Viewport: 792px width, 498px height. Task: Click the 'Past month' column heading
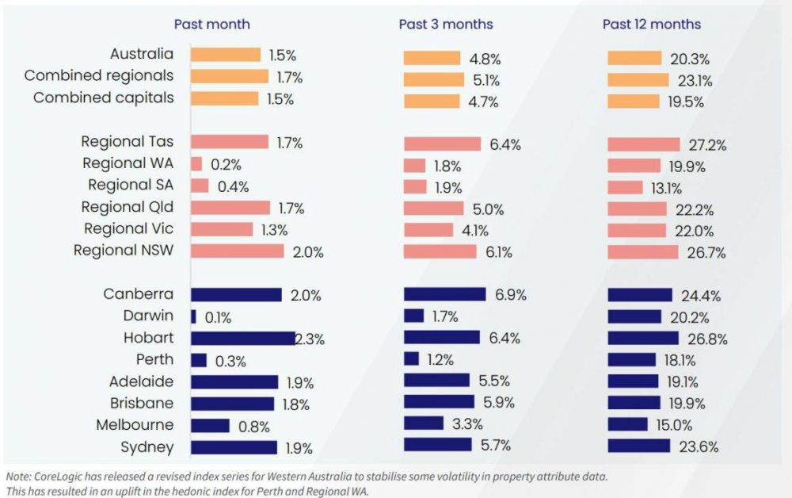[211, 24]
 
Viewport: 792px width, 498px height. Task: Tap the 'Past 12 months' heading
[651, 24]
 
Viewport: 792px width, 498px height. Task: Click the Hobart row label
[148, 338]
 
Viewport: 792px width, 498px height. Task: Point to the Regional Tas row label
[127, 142]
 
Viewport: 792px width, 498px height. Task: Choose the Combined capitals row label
[103, 98]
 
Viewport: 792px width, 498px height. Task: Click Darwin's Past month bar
[193, 316]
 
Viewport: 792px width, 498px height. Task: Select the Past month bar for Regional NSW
[237, 251]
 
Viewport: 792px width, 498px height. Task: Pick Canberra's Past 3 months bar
[444, 294]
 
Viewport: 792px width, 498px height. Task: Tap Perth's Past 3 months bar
[411, 359]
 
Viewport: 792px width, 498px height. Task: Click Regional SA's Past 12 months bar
[625, 187]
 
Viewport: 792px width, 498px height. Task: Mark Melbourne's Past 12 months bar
[627, 424]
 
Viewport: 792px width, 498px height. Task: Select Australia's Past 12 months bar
[634, 58]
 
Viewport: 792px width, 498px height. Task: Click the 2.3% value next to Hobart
[310, 339]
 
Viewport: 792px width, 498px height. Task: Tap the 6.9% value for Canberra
[511, 295]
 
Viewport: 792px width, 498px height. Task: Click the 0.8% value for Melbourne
[254, 426]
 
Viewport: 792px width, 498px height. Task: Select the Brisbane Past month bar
[232, 403]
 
